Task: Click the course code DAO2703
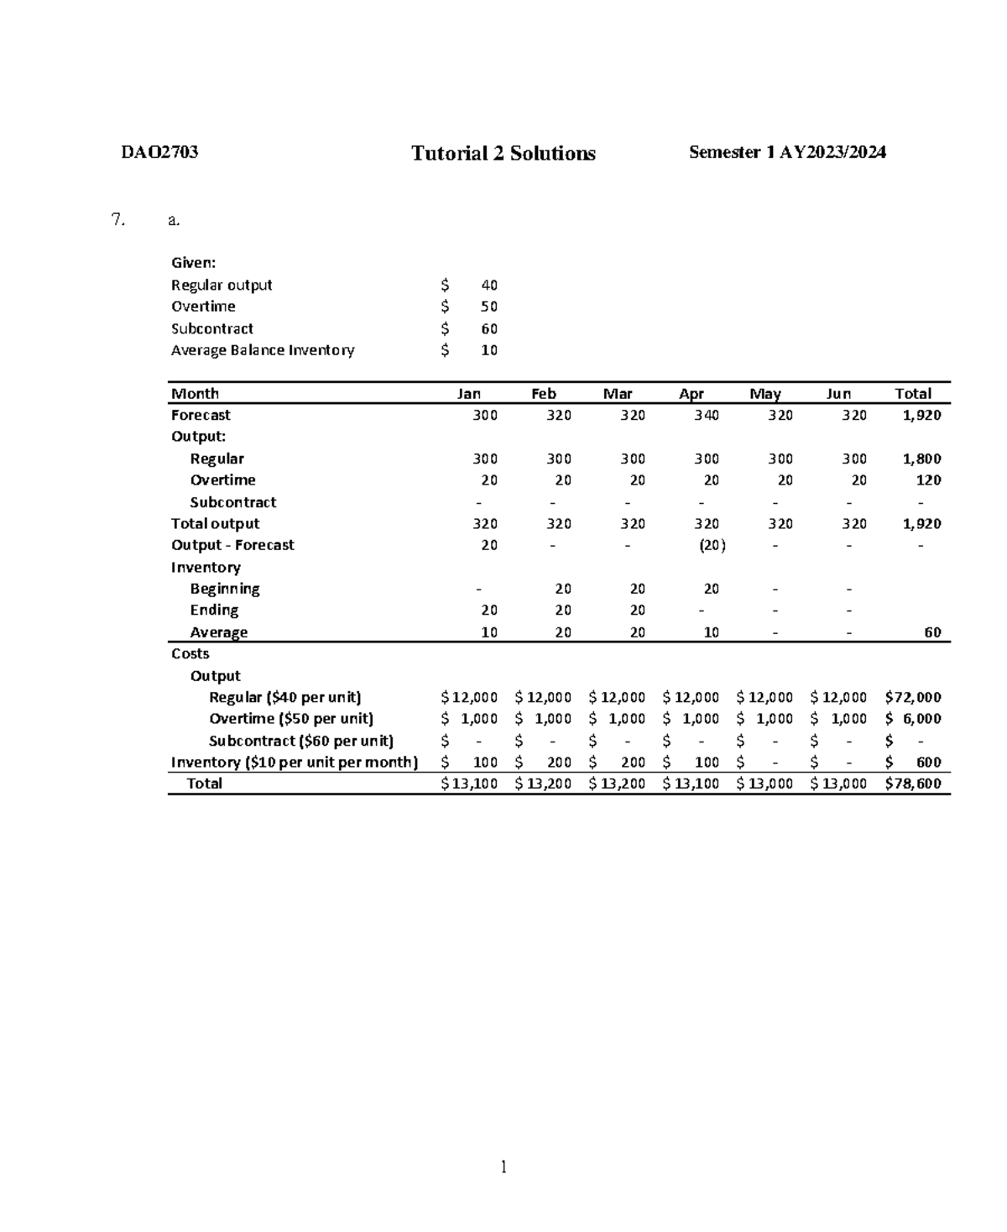click(159, 152)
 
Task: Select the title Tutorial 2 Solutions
click(503, 153)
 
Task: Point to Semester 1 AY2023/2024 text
click(787, 152)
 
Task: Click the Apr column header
click(691, 393)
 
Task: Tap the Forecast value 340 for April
click(706, 415)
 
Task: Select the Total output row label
click(215, 523)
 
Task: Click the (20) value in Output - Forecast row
click(712, 545)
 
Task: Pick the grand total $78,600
click(912, 784)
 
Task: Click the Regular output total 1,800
click(921, 459)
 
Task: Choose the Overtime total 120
click(928, 480)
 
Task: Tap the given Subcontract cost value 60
click(488, 328)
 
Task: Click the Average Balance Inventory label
click(263, 350)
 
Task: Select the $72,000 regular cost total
click(912, 697)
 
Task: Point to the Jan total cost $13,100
click(469, 784)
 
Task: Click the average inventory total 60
click(931, 632)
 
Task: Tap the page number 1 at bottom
click(503, 1166)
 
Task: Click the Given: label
click(193, 263)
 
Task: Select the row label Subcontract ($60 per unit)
click(300, 741)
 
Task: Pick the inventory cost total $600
click(914, 763)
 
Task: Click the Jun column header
click(838, 393)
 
